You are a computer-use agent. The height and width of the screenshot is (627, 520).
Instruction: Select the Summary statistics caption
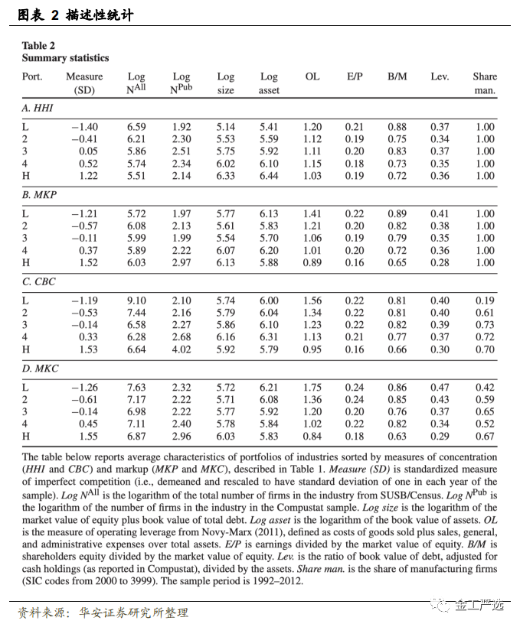click(x=65, y=58)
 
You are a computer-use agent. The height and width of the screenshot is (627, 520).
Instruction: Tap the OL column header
click(x=312, y=76)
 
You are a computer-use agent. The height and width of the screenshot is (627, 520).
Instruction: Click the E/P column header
click(x=355, y=76)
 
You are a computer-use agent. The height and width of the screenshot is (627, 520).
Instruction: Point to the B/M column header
click(x=397, y=76)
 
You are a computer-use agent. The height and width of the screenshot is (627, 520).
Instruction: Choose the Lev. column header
click(x=440, y=76)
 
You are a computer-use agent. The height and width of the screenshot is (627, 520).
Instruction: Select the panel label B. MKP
click(x=38, y=196)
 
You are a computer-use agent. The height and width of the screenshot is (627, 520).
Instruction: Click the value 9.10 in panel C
click(x=136, y=301)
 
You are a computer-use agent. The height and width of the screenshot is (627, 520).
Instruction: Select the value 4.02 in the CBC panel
click(x=182, y=350)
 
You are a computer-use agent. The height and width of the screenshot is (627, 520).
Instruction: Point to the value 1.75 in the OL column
click(x=312, y=388)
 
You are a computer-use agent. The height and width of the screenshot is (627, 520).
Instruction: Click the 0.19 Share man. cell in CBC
click(x=485, y=301)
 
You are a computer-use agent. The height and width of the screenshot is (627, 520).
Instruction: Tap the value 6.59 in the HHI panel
click(x=136, y=127)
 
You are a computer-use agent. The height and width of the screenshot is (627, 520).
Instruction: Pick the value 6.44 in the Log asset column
click(x=269, y=176)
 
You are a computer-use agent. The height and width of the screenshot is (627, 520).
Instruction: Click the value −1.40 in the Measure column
click(x=84, y=127)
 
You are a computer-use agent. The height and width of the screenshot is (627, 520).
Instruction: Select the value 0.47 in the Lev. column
click(x=440, y=388)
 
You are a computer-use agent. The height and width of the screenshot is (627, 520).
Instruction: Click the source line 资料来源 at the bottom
click(x=103, y=612)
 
